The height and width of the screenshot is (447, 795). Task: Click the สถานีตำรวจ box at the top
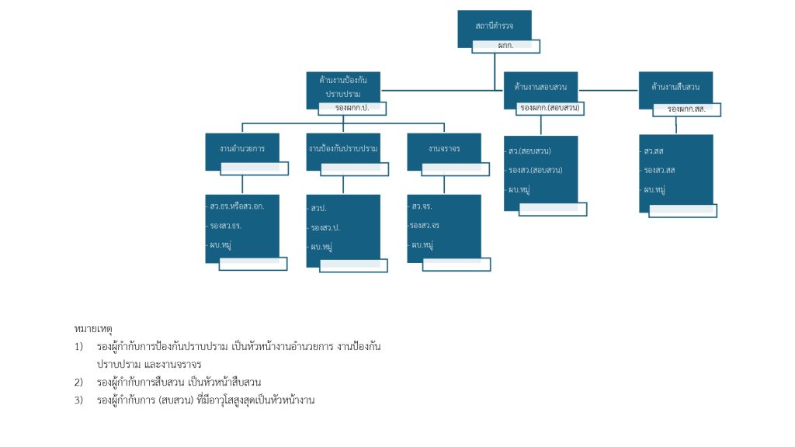tap(494, 26)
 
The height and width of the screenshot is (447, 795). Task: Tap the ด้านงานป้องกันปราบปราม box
tap(343, 85)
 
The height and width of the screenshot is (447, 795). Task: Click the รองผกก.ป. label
tap(352, 109)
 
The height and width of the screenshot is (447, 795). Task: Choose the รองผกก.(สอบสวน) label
tap(550, 108)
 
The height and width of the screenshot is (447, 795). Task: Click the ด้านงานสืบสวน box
tap(675, 85)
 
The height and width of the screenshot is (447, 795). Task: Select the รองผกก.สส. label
tap(692, 109)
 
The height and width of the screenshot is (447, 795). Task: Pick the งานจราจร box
tap(443, 147)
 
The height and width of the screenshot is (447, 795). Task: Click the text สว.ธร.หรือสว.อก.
tap(237, 206)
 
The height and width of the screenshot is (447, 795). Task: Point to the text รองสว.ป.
tap(325, 227)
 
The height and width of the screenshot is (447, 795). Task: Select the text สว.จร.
tap(422, 206)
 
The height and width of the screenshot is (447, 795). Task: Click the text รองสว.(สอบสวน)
tap(536, 170)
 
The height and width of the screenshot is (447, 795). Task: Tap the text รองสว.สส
tap(659, 170)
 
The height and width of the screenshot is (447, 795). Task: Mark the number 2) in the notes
tap(78, 382)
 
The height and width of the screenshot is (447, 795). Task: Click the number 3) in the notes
tap(78, 400)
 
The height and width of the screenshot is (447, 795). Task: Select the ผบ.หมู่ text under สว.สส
tap(655, 189)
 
